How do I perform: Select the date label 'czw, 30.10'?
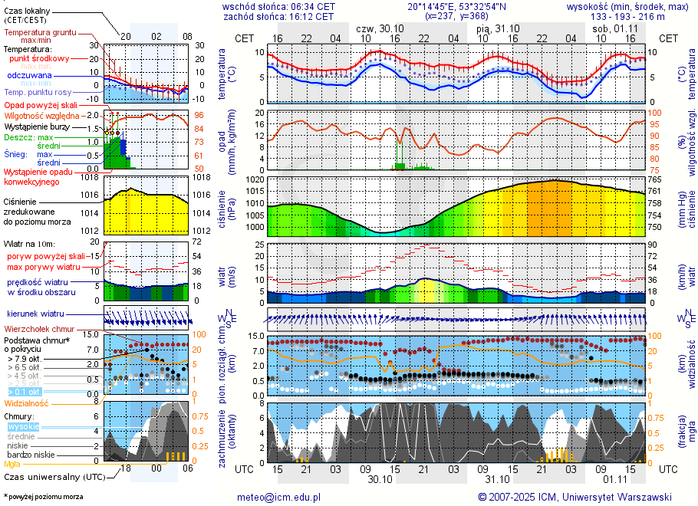point(379,28)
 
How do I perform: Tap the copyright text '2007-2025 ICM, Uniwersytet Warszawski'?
point(575,497)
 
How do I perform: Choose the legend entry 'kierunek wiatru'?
point(35,314)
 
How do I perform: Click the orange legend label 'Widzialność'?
point(26,402)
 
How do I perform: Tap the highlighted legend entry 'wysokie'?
point(23,426)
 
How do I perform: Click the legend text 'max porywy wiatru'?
point(44,267)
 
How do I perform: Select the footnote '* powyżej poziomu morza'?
point(43,497)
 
